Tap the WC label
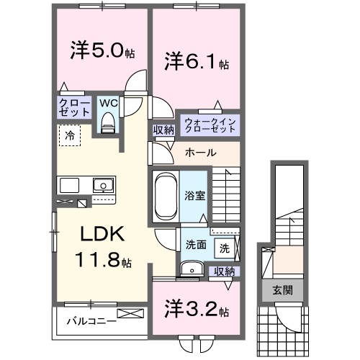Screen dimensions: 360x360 108,103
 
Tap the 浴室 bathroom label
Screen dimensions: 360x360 194,194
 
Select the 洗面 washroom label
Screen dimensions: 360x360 195,244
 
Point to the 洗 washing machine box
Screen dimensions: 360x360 225,248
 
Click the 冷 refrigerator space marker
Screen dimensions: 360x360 70,135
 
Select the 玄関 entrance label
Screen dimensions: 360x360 282,291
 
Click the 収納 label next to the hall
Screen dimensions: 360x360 163,130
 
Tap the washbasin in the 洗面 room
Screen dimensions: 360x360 192,269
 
